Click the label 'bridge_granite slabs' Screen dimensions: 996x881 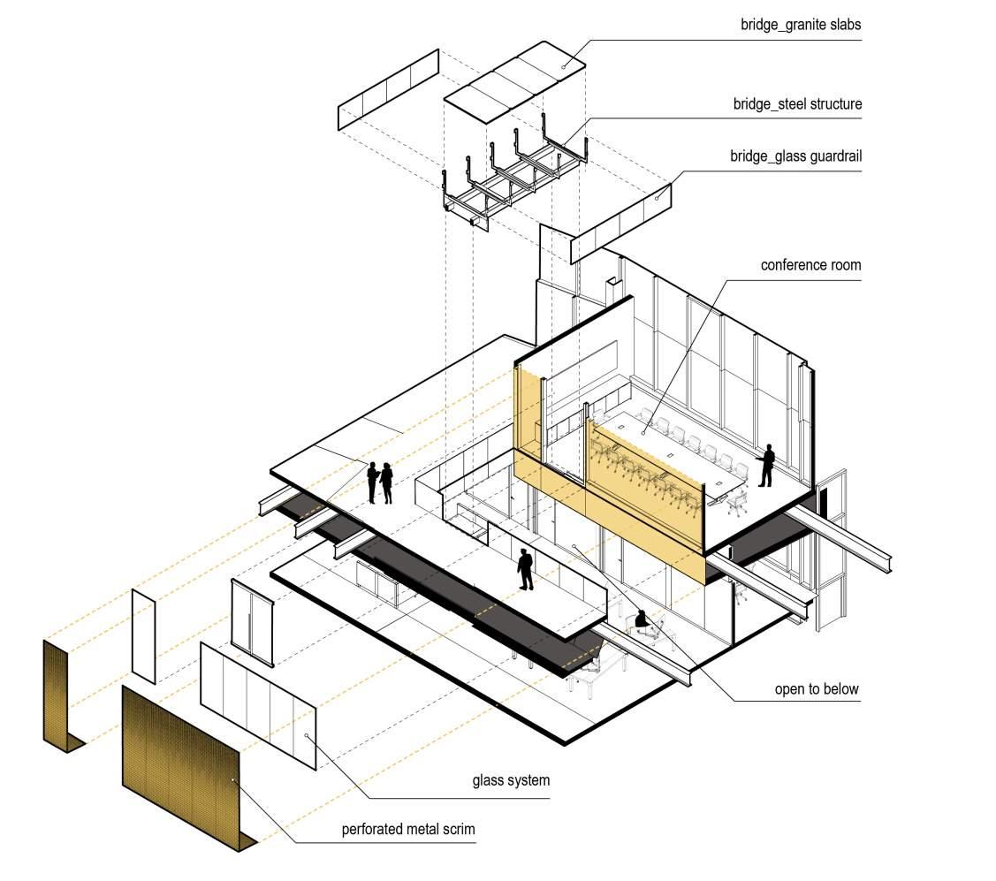(801, 25)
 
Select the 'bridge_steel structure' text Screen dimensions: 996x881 (797, 104)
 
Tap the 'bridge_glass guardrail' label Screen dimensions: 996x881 (795, 156)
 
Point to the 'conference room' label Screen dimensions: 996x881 (810, 265)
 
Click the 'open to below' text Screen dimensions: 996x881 (817, 688)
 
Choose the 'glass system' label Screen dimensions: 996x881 (511, 780)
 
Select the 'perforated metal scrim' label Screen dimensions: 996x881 (408, 830)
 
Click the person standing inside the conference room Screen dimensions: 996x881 (766, 465)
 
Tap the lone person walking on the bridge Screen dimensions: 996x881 (526, 569)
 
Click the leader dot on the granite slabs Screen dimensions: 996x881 (564, 66)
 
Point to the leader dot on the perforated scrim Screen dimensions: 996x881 (233, 779)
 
